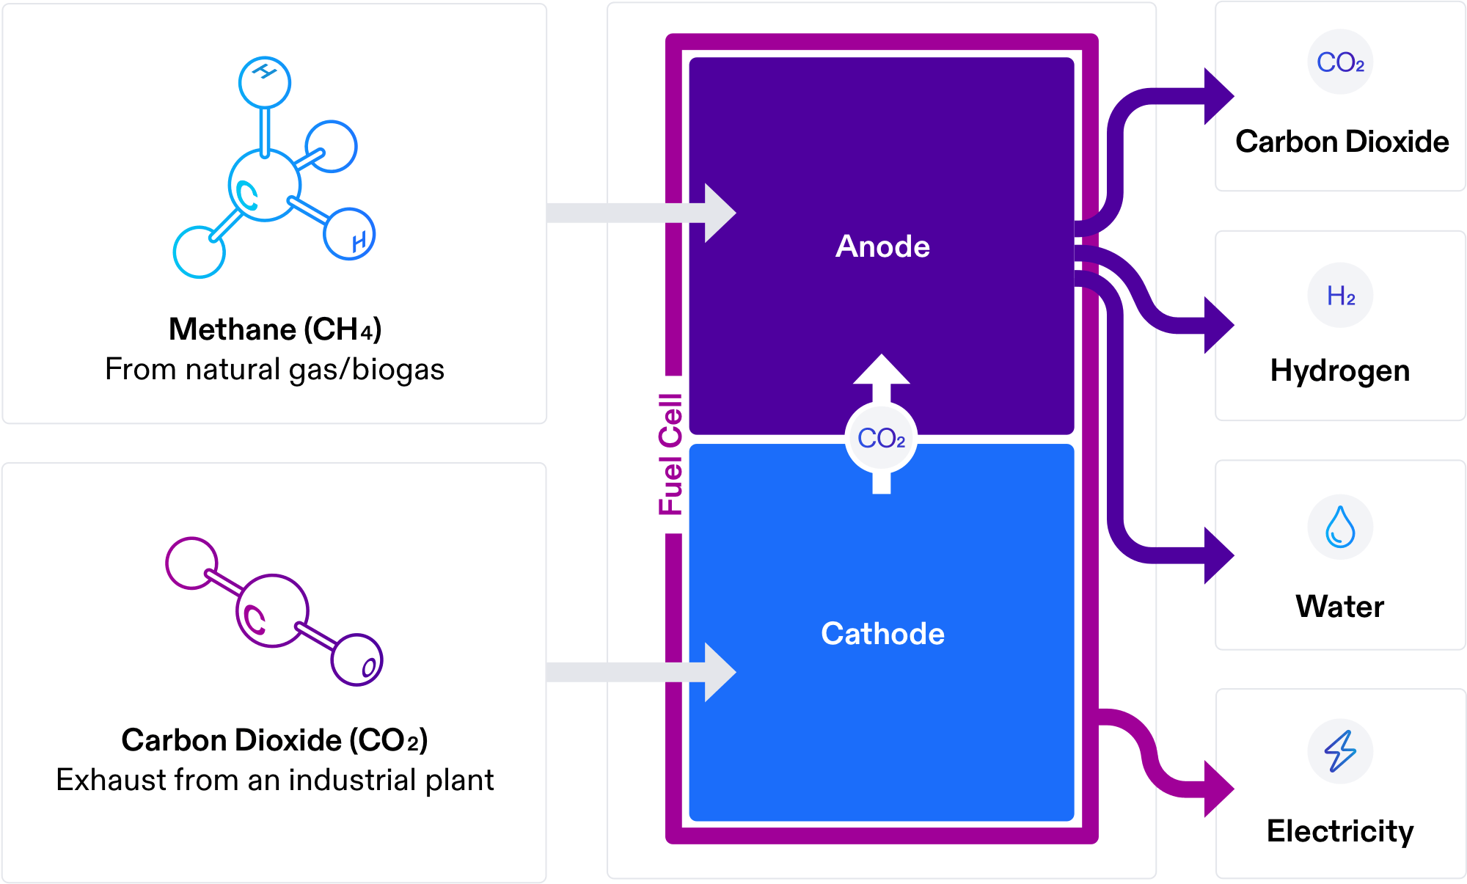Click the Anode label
(x=882, y=246)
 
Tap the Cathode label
(x=882, y=634)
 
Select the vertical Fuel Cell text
(x=671, y=454)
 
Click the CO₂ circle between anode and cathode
(x=881, y=439)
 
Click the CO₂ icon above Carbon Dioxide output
(x=1340, y=62)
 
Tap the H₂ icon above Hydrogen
(x=1340, y=296)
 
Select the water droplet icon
(x=1340, y=527)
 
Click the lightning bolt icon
(x=1340, y=750)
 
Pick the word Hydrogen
(x=1340, y=370)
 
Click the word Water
(x=1340, y=607)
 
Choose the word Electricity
(x=1340, y=831)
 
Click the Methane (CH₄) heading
(x=275, y=329)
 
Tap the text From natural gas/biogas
(x=275, y=369)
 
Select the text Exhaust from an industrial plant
(x=275, y=780)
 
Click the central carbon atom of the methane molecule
(x=264, y=186)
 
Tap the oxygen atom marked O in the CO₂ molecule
(x=357, y=660)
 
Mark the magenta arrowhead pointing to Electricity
(x=1218, y=789)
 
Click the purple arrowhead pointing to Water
(x=1218, y=555)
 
